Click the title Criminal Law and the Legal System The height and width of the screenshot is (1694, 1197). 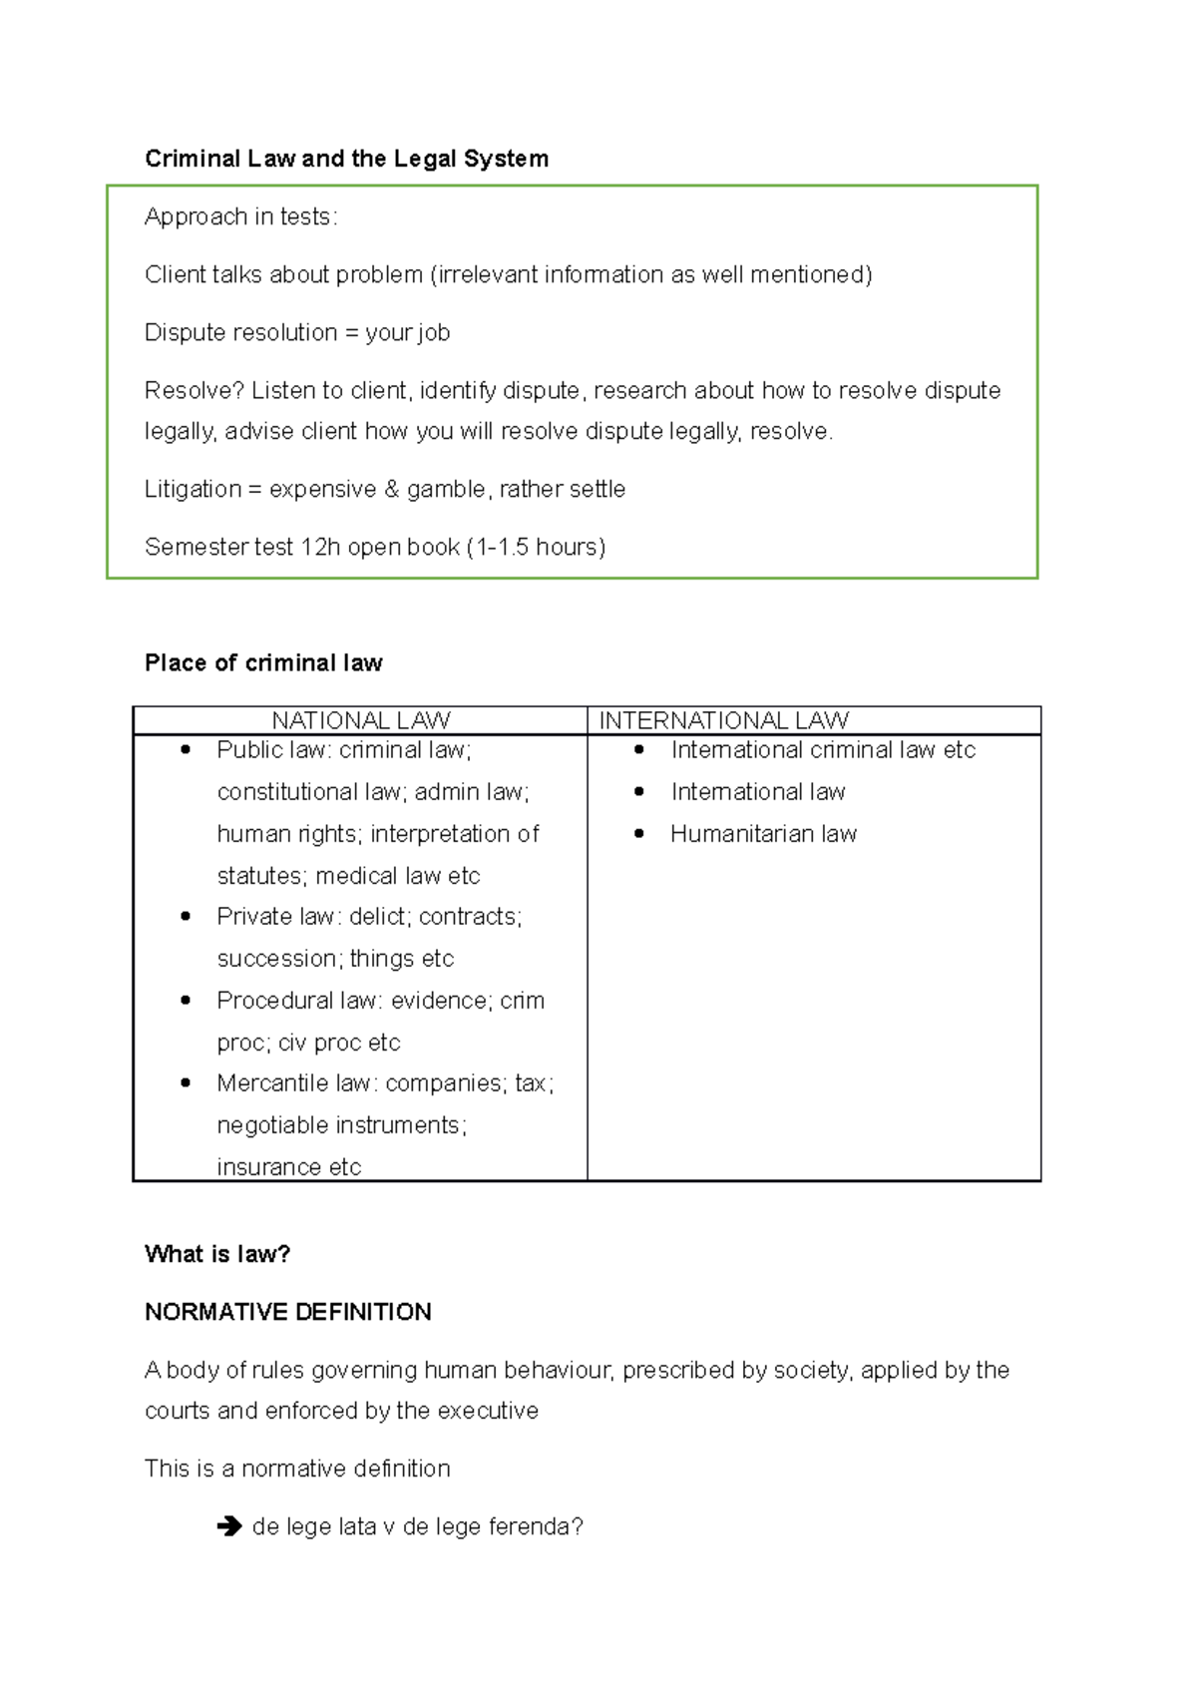point(346,159)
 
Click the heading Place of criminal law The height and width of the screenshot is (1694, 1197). point(263,663)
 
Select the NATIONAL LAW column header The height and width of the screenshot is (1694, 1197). point(361,720)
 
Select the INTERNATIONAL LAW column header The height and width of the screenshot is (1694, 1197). point(723,720)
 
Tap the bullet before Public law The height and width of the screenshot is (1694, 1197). point(186,749)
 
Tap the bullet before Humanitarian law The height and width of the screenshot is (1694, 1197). point(639,833)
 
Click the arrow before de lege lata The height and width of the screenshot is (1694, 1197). point(229,1526)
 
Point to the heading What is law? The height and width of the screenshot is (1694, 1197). point(217,1254)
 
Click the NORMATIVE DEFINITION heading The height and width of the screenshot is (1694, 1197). point(288,1312)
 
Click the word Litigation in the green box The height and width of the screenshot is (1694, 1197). point(193,489)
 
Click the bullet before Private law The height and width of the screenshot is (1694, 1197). point(186,916)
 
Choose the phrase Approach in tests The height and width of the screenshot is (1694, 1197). point(240,216)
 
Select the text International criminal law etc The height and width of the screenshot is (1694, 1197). point(823,750)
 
